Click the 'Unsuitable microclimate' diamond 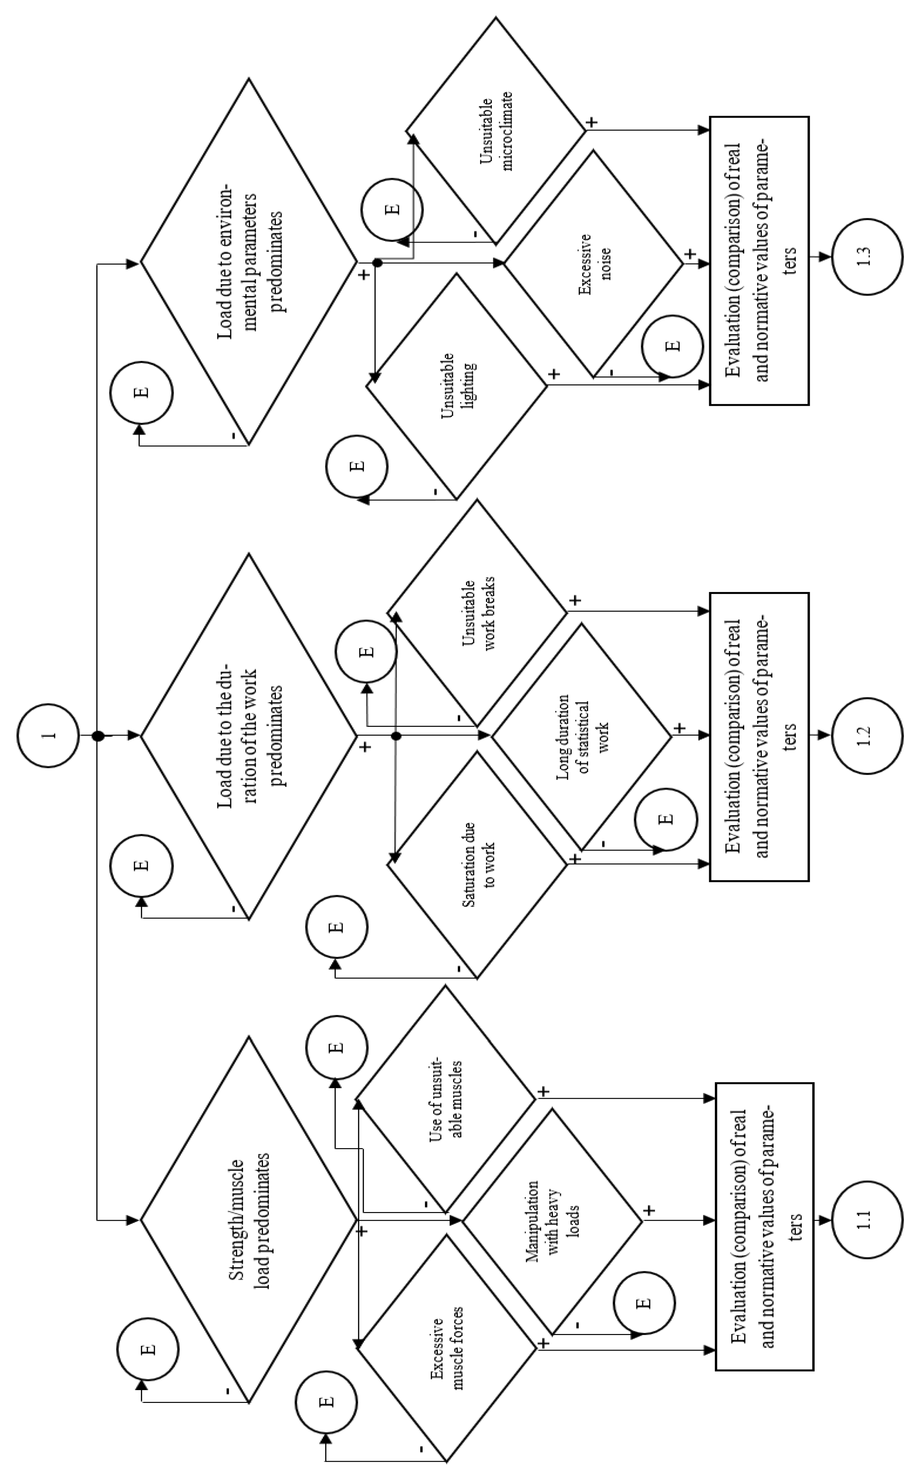(496, 131)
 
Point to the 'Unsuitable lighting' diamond (456, 386)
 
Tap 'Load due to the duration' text (249, 736)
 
